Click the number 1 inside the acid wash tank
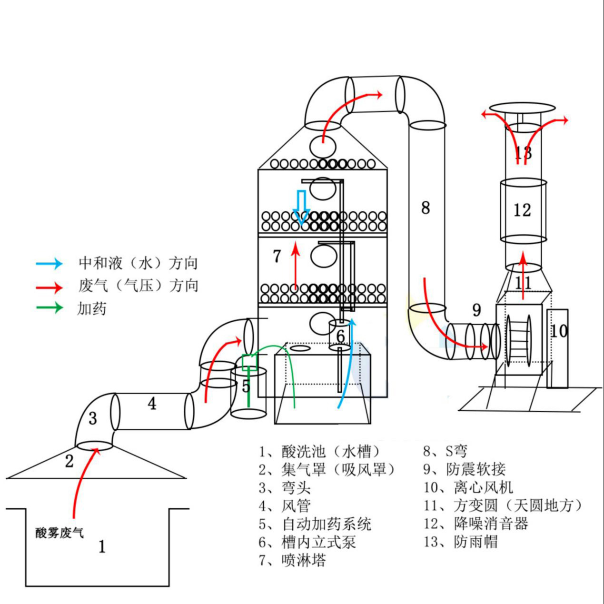click(x=101, y=547)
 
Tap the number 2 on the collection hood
click(x=69, y=461)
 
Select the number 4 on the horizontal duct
click(x=152, y=404)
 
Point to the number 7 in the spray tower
click(x=277, y=256)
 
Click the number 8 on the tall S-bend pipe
click(x=426, y=208)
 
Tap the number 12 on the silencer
click(x=522, y=210)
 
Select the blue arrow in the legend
click(x=50, y=263)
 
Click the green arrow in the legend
click(x=50, y=307)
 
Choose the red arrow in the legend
click(x=50, y=287)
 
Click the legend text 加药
click(x=92, y=309)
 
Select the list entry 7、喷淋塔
click(x=293, y=560)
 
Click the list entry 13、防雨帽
click(x=461, y=542)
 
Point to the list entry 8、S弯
click(x=446, y=451)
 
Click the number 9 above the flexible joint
click(x=476, y=310)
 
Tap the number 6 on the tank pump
click(x=340, y=336)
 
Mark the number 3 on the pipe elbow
click(x=93, y=418)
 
